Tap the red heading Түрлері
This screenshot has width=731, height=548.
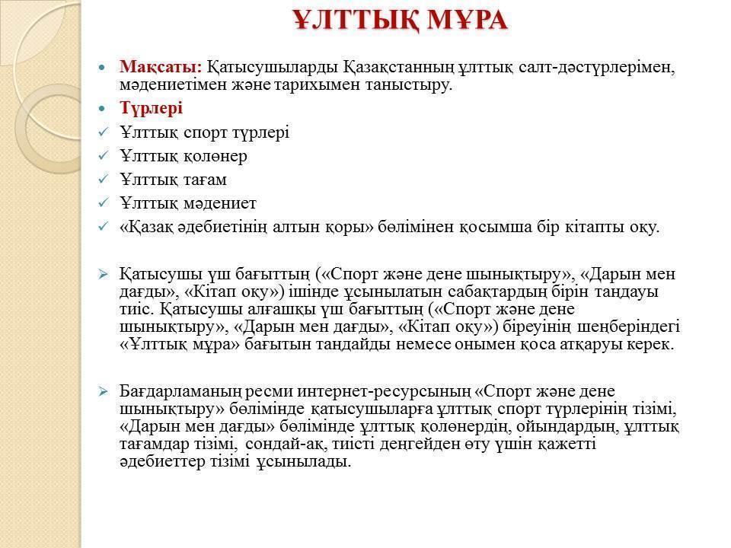pyautogui.click(x=152, y=108)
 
